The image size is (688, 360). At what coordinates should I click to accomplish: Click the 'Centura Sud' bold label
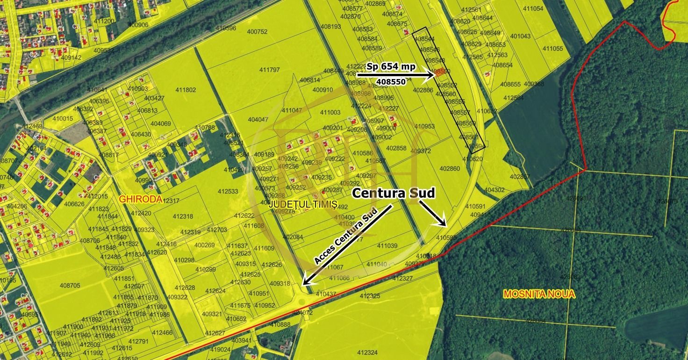point(393,193)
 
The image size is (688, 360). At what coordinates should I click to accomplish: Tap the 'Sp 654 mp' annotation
point(391,67)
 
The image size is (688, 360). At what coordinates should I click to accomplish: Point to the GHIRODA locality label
point(140,199)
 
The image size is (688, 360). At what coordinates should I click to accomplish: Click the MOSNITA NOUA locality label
point(539,295)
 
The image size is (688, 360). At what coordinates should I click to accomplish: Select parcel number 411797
point(269,70)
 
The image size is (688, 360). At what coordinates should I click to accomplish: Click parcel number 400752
point(257,32)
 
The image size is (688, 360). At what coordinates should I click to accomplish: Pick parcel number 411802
point(186,90)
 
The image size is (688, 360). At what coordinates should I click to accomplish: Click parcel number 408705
point(70,285)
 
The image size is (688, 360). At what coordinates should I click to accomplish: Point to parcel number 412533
point(228,191)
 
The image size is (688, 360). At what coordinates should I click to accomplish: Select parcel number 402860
point(450,168)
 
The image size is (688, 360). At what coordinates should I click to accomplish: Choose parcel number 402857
point(520,177)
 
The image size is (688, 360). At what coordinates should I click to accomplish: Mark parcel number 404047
point(258,119)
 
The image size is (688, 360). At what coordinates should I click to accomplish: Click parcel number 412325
point(370,296)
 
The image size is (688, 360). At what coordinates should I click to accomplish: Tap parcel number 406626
point(74,204)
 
